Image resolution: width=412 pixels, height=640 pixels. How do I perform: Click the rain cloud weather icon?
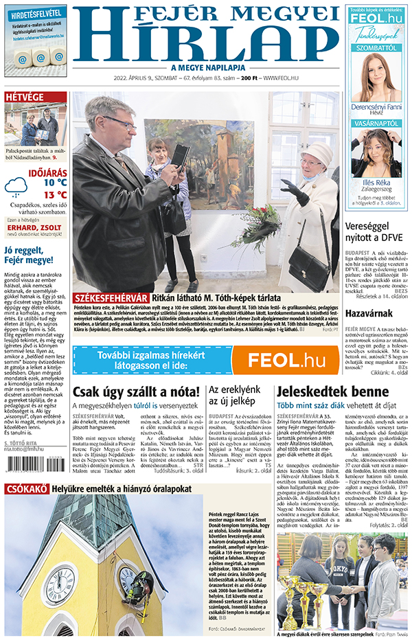coord(16,186)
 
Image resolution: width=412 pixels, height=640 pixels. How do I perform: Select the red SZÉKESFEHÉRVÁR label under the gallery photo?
coord(110,297)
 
